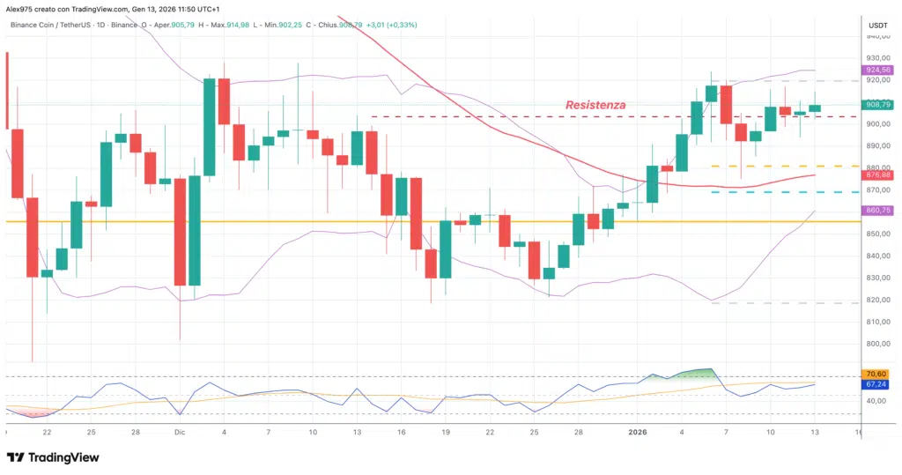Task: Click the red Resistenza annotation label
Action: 595,105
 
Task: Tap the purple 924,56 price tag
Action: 879,70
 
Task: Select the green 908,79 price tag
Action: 879,104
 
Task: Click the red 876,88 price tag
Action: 879,175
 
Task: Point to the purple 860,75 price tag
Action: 879,211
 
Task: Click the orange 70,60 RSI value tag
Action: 878,375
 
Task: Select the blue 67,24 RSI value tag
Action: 878,385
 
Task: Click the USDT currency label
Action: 878,26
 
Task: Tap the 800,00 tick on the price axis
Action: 878,344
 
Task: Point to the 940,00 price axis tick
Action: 878,36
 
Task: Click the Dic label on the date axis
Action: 179,433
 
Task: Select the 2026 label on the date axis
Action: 637,433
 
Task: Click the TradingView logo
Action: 53,457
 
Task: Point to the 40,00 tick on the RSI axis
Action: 878,401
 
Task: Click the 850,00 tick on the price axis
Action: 878,234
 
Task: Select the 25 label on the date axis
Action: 90,433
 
